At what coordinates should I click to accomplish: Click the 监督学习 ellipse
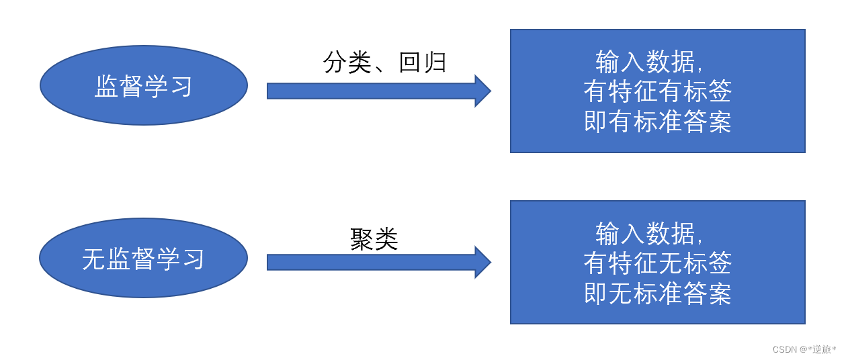(x=144, y=85)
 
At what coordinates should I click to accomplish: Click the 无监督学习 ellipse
(x=144, y=258)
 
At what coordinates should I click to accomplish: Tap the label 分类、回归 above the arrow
(x=385, y=62)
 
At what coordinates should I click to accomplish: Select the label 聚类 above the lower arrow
(x=374, y=239)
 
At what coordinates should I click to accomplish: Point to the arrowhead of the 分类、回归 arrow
(x=482, y=91)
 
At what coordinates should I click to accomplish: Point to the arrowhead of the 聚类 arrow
(x=482, y=262)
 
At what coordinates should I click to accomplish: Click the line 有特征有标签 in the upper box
(x=657, y=91)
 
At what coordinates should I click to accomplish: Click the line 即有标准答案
(x=657, y=122)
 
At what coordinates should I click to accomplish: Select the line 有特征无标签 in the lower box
(x=657, y=263)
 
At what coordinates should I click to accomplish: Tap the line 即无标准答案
(x=657, y=294)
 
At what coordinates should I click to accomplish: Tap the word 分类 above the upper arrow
(x=347, y=62)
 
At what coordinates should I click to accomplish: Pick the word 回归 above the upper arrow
(x=423, y=62)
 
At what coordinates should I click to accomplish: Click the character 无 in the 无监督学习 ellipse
(x=94, y=259)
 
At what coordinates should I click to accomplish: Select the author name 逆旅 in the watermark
(x=822, y=349)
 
